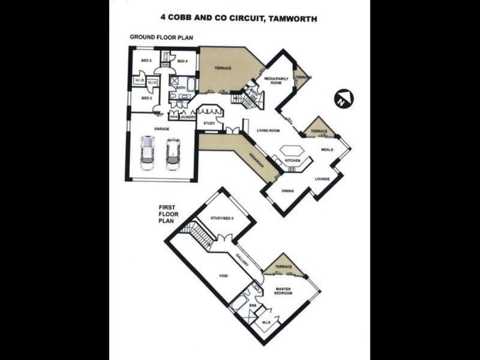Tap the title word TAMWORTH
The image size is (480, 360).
pos(293,19)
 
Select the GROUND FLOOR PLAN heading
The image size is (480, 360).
pos(162,37)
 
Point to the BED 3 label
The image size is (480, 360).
pos(146,61)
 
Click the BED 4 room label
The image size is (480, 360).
pos(183,61)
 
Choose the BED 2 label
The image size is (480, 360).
pos(146,98)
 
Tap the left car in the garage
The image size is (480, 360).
pos(147,153)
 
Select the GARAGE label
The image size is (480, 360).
pos(160,128)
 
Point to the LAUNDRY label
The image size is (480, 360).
pos(188,117)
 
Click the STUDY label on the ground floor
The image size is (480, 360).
pos(209,124)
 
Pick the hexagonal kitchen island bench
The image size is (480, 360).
pos(292,149)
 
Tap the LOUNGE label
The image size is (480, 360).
pos(323,178)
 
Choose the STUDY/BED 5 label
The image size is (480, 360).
pos(221,218)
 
